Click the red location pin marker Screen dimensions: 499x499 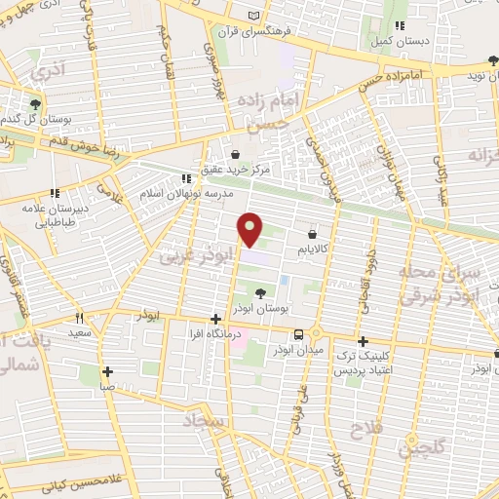(x=250, y=229)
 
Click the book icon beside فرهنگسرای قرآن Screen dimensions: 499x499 (x=254, y=17)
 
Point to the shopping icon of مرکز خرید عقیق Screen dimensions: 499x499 (x=236, y=153)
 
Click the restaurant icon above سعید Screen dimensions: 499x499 (x=80, y=317)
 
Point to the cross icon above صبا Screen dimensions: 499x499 (x=107, y=371)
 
